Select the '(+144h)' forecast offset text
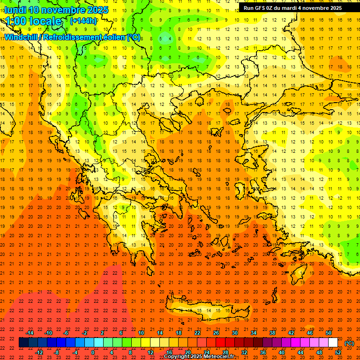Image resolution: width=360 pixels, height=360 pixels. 83,21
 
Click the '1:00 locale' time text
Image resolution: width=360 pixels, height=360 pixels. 33,21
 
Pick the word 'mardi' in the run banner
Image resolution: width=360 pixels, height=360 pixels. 289,8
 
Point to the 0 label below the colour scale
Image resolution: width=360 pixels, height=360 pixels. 92,352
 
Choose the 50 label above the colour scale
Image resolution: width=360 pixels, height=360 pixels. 328,333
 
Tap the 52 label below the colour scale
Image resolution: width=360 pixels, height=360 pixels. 338,352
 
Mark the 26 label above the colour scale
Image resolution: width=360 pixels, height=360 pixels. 216,333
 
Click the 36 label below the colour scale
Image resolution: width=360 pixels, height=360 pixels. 263,352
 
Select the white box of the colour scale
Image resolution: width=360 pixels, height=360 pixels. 333,343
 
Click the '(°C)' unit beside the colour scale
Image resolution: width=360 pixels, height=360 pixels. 349,343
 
